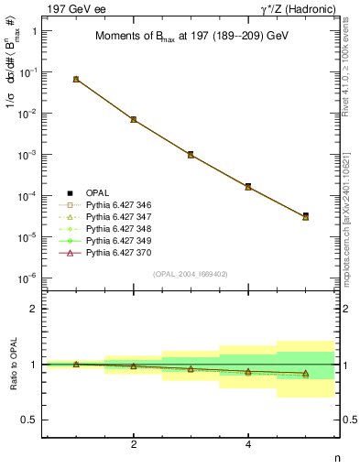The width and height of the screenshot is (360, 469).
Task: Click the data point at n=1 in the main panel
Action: tap(76, 80)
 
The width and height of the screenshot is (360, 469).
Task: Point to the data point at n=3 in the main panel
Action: tap(191, 155)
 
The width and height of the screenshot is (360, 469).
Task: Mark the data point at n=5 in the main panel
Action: tap(305, 216)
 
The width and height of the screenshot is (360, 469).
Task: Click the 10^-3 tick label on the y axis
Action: tap(28, 155)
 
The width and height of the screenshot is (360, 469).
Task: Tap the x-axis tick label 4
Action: tap(248, 444)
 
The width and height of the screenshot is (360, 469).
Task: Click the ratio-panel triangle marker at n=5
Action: tap(305, 374)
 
